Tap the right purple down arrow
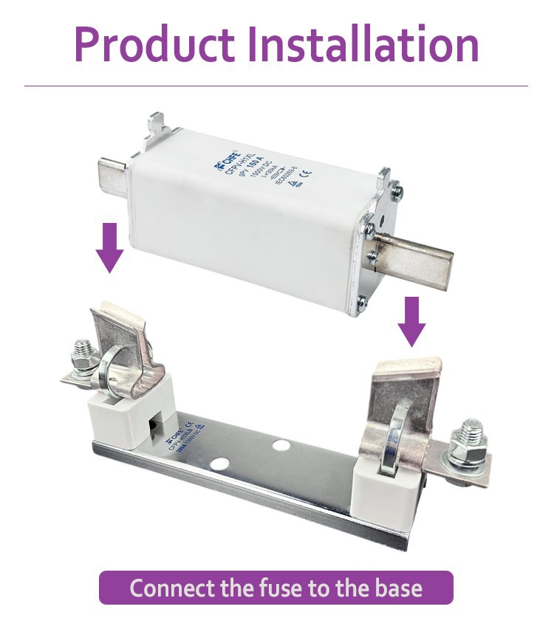click(x=411, y=320)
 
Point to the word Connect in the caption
click(x=171, y=588)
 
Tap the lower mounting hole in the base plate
click(x=218, y=464)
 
